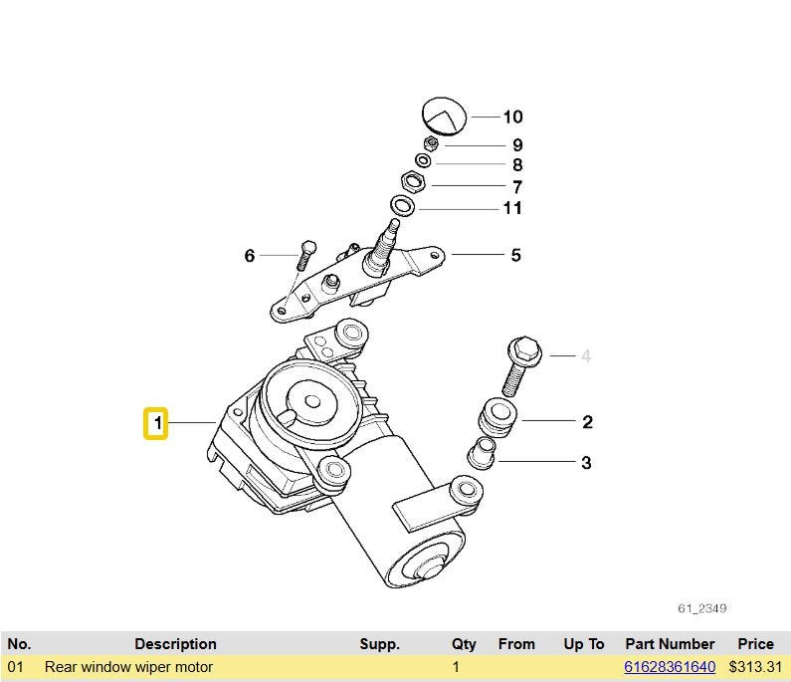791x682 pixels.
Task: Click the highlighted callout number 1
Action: coord(156,425)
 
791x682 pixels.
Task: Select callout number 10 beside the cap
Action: coord(512,117)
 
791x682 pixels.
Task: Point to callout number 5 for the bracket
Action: coord(515,256)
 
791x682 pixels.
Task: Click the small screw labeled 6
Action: coord(306,253)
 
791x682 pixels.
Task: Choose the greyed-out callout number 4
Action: coord(586,356)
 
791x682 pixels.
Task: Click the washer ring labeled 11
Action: coord(403,206)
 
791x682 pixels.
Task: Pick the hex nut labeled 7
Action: coord(414,182)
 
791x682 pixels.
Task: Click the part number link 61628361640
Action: coord(670,667)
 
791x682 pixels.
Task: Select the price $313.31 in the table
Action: coord(755,667)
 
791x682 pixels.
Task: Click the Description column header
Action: coord(175,644)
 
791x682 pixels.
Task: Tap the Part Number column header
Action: coord(670,644)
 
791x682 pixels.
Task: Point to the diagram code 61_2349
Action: coord(702,607)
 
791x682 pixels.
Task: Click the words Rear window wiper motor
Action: coord(128,667)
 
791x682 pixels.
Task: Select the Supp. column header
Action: coord(379,644)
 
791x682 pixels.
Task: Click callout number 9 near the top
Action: coord(517,145)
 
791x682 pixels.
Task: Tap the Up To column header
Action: coord(583,644)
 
